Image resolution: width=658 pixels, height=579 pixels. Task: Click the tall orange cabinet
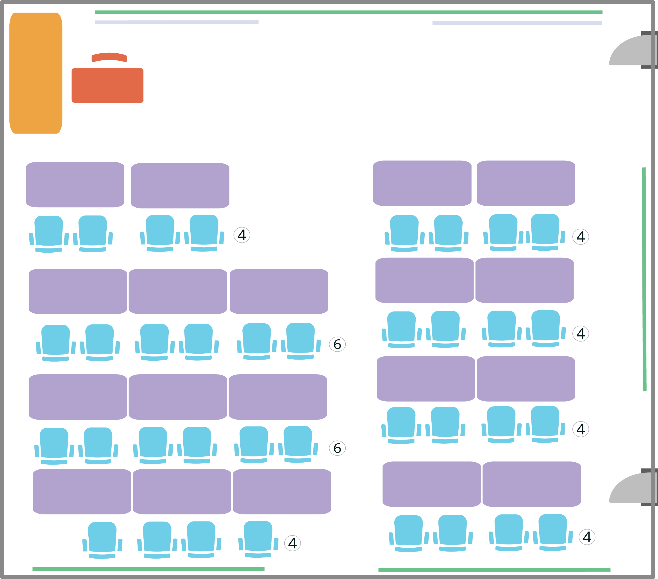[x=36, y=73]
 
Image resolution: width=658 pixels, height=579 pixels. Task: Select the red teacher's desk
[x=107, y=85]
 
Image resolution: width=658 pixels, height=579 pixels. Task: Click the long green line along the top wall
[x=349, y=12]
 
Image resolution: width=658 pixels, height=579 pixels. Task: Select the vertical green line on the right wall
[x=644, y=279]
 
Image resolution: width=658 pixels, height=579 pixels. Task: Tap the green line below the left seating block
[x=148, y=569]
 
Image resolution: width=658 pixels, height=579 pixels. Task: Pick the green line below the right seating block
[x=494, y=570]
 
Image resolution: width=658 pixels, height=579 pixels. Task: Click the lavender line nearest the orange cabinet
[x=177, y=22]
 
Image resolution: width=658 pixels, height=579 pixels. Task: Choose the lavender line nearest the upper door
[x=517, y=23]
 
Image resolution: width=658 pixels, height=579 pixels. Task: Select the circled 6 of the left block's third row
[x=337, y=448]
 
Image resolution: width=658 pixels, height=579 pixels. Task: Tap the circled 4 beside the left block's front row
[x=242, y=235]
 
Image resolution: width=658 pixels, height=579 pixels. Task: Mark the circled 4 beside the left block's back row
[x=293, y=543]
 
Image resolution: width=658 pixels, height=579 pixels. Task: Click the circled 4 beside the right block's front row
[x=581, y=237]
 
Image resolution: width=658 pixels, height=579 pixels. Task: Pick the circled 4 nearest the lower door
[x=587, y=537]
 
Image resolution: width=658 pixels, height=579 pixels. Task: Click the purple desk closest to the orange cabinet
[x=75, y=185]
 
